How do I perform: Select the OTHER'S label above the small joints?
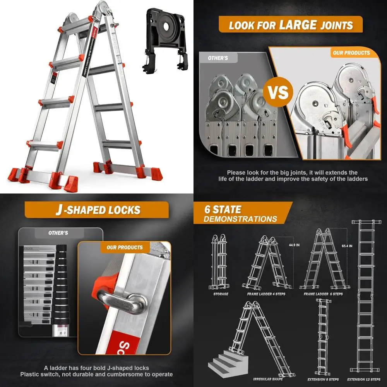pyautogui.click(x=217, y=58)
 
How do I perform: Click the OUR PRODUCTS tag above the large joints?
pyautogui.click(x=351, y=53)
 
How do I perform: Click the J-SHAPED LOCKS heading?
pyautogui.click(x=97, y=210)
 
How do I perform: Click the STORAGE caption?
pyautogui.click(x=221, y=294)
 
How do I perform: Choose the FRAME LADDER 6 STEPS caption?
pyautogui.click(x=323, y=294)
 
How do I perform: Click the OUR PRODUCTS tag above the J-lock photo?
pyautogui.click(x=124, y=247)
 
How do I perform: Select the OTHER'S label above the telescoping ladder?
pyautogui.click(x=58, y=233)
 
